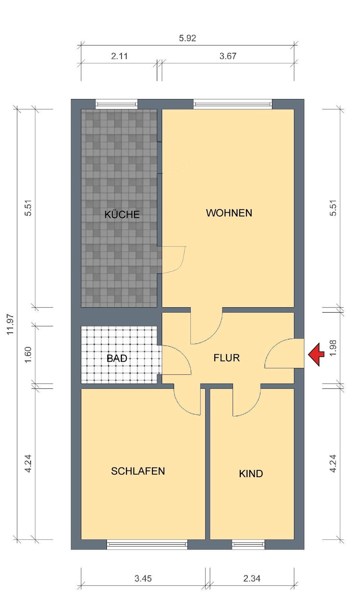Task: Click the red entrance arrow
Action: point(316,354)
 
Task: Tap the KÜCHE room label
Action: point(122,215)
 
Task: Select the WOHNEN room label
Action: point(229,213)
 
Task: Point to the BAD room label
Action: point(117,358)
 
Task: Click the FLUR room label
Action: point(227,358)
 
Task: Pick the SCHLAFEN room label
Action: point(138,471)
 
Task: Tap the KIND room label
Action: point(251,473)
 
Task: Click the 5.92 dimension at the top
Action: point(187,38)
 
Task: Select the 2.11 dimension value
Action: point(119,56)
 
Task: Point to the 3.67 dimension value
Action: point(228,56)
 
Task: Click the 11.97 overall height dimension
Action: point(10,324)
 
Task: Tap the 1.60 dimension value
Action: point(28,355)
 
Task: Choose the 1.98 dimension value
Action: point(333,348)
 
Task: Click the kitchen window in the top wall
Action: point(117,104)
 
